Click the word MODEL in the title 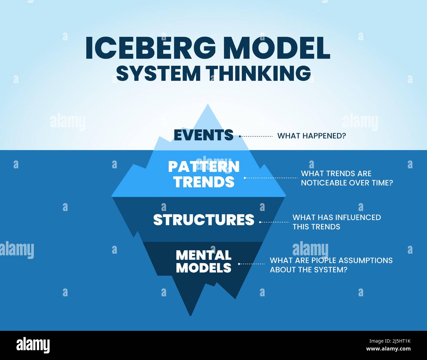pyautogui.click(x=278, y=48)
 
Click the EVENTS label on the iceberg pyautogui.click(x=203, y=135)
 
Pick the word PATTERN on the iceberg pyautogui.click(x=204, y=167)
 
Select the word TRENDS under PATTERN pyautogui.click(x=204, y=182)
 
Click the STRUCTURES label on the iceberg pyautogui.click(x=204, y=220)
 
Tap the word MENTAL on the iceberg pyautogui.click(x=204, y=255)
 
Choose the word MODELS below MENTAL pyautogui.click(x=204, y=268)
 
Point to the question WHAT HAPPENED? pyautogui.click(x=312, y=136)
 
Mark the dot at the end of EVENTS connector pyautogui.click(x=240, y=136)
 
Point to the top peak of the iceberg pyautogui.click(x=208, y=105)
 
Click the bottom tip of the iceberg pyautogui.click(x=191, y=315)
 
